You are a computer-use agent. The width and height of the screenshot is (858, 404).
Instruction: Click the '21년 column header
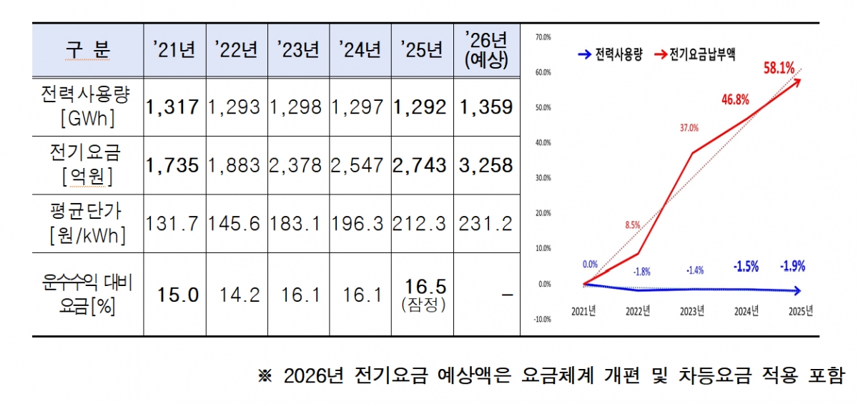(x=174, y=50)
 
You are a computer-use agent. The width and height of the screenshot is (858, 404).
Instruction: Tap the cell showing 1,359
(x=485, y=107)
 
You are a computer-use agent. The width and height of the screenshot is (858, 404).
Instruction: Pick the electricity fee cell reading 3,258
(x=485, y=165)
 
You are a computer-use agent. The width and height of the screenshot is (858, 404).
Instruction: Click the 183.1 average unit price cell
(x=298, y=223)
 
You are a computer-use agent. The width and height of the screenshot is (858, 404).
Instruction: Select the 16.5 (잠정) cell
(x=422, y=295)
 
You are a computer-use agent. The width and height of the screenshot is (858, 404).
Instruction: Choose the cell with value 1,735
(x=174, y=165)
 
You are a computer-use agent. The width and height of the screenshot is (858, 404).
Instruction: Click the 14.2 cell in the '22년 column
(x=237, y=295)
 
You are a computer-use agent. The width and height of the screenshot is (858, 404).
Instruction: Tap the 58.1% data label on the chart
(x=779, y=68)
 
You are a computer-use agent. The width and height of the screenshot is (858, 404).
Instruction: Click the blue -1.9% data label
(x=792, y=267)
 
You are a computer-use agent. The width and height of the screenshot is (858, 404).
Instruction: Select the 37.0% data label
(x=689, y=128)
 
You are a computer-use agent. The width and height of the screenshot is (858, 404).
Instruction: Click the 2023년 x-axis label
(x=691, y=311)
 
